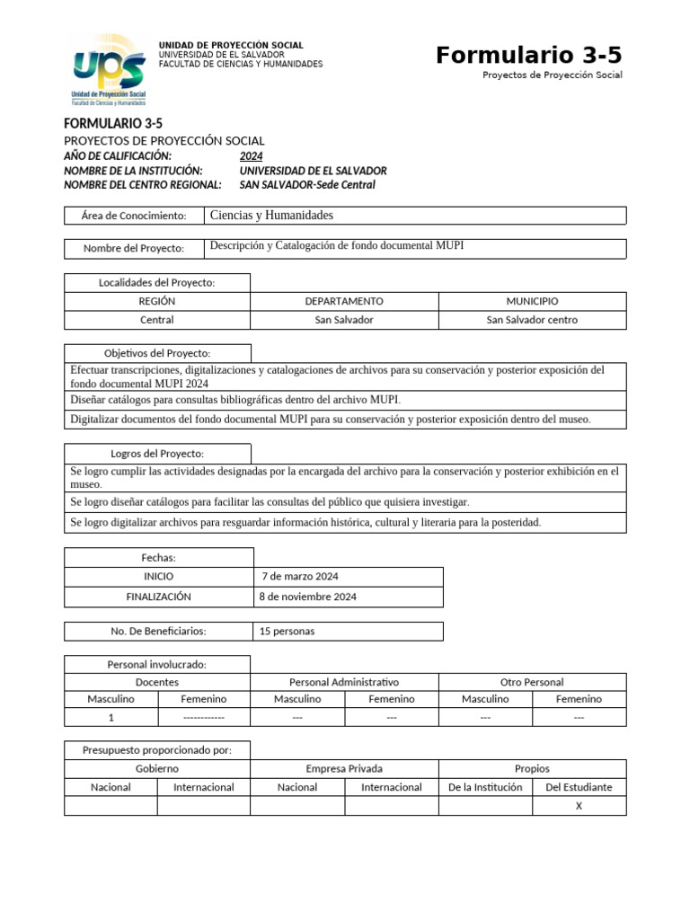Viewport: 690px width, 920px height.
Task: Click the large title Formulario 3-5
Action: click(528, 56)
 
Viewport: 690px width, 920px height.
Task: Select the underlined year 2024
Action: click(252, 155)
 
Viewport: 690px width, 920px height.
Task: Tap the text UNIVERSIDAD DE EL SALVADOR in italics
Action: click(313, 170)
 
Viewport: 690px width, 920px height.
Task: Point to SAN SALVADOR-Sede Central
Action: click(307, 185)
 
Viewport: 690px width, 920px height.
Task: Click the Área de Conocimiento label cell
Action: click(134, 216)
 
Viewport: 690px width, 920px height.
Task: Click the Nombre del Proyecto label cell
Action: click(134, 248)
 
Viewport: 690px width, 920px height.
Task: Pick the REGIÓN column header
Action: click(157, 301)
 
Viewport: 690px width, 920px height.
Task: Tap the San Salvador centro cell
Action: click(532, 320)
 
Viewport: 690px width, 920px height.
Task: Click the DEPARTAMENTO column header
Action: click(344, 301)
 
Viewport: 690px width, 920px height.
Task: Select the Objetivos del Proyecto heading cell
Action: click(157, 353)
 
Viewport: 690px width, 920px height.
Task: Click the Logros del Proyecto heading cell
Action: click(157, 453)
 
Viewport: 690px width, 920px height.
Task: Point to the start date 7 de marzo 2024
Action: click(299, 576)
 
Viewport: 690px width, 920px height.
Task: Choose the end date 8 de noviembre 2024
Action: click(307, 597)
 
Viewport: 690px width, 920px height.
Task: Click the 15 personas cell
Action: click(287, 631)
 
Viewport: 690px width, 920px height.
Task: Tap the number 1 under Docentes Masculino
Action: click(111, 717)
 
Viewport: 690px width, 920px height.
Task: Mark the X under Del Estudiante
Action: click(579, 806)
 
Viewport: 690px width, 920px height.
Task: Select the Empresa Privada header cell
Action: click(344, 768)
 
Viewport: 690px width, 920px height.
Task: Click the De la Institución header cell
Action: click(485, 787)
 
